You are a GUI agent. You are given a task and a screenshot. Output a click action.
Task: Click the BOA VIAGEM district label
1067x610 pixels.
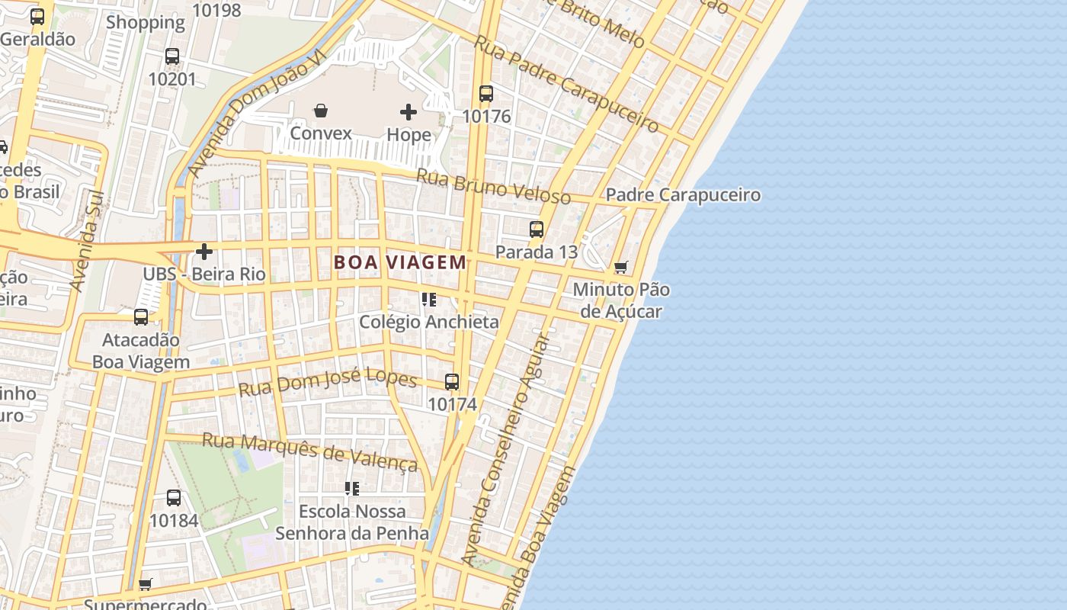[x=400, y=262]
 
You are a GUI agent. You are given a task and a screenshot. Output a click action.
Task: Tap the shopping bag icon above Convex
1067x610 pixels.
[x=321, y=111]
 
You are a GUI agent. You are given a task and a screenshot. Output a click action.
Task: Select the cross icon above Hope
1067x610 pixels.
[x=409, y=113]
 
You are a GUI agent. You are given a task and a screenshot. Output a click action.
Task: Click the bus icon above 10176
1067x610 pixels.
[x=486, y=94]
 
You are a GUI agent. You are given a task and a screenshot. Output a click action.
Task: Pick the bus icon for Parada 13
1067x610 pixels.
[x=537, y=229]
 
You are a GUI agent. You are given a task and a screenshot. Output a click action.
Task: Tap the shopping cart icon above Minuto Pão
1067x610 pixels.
[x=621, y=268]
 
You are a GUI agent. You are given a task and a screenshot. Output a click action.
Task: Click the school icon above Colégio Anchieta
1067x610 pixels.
[x=429, y=300]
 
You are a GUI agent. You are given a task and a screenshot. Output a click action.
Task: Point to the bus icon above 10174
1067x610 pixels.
[x=452, y=382]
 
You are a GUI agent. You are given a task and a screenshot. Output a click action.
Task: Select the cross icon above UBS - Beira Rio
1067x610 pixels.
[x=204, y=252]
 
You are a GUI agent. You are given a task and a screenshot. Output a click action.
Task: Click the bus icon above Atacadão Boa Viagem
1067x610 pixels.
[x=141, y=317]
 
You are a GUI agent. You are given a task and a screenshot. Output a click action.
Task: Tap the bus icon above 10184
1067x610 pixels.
[x=174, y=498]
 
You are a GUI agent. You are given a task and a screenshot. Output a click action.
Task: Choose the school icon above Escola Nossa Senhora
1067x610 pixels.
[x=351, y=488]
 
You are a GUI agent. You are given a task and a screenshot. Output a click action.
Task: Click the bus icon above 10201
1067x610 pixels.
[x=172, y=56]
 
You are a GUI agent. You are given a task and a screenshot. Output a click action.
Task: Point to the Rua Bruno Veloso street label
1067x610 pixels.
[x=493, y=187]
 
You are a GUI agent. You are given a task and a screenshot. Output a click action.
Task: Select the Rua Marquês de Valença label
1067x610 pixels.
[x=309, y=452]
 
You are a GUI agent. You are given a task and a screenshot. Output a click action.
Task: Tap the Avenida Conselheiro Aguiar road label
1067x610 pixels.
[x=506, y=450]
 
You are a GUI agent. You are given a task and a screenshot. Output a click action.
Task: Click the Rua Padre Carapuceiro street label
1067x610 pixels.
[x=566, y=82]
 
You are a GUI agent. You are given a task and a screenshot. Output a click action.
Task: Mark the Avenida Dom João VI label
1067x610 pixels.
[x=257, y=114]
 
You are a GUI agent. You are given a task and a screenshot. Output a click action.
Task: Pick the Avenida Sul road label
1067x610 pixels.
[x=87, y=241]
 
